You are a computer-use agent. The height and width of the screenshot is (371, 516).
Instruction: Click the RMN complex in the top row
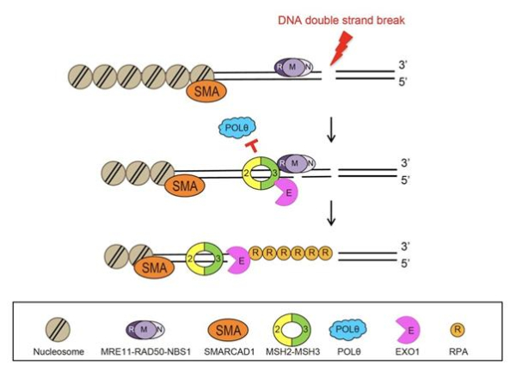(293, 67)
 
